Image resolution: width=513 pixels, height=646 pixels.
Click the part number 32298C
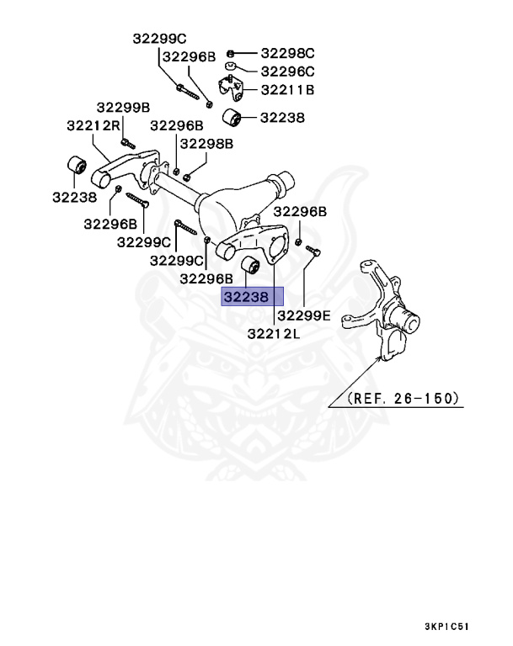click(286, 53)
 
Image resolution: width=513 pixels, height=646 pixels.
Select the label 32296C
click(286, 71)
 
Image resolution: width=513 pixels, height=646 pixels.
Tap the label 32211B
click(287, 90)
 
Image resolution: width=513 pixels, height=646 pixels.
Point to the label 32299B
click(123, 108)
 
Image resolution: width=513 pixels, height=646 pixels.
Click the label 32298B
click(206, 144)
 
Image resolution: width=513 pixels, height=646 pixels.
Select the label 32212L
click(275, 333)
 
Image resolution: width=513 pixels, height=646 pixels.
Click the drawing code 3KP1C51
click(447, 626)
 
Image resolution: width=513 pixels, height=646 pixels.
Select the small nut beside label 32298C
click(232, 52)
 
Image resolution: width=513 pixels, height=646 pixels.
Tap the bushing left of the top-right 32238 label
click(232, 117)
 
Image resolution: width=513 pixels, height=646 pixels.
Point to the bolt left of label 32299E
click(313, 250)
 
